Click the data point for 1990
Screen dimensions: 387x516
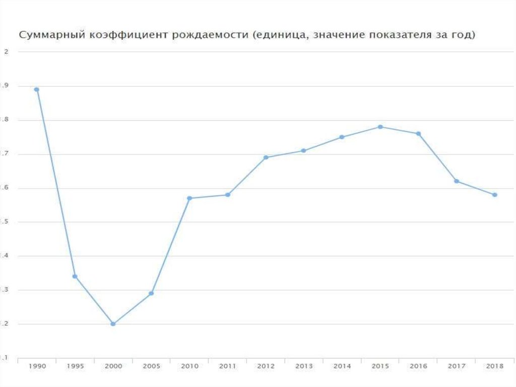click(36, 89)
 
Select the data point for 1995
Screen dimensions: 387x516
click(75, 277)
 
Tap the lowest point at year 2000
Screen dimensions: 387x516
click(113, 324)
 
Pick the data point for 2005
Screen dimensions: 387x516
click(151, 293)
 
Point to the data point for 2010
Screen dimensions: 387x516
click(189, 198)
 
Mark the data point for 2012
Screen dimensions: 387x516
click(266, 157)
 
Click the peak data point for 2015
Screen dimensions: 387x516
click(380, 127)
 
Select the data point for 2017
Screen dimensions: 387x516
click(457, 181)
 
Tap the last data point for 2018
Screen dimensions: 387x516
click(495, 195)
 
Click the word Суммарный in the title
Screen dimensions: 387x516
click(48, 36)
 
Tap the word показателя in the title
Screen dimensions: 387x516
click(393, 36)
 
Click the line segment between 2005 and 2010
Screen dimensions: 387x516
click(170, 246)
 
